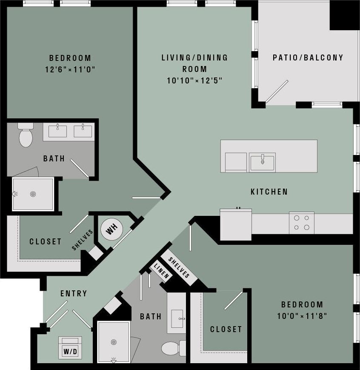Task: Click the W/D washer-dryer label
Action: click(x=70, y=351)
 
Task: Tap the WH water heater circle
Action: click(x=111, y=230)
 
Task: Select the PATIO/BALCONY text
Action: click(x=308, y=57)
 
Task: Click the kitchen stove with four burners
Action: click(x=302, y=223)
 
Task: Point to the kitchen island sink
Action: click(x=262, y=162)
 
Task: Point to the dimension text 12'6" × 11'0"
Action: click(x=70, y=69)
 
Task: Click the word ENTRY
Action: click(x=74, y=293)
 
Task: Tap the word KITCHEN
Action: click(x=269, y=192)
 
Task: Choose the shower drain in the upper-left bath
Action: click(x=33, y=194)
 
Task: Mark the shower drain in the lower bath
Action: click(x=113, y=342)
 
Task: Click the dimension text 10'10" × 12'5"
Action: click(x=194, y=80)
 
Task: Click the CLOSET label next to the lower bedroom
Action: click(x=226, y=329)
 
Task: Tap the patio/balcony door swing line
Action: click(x=277, y=92)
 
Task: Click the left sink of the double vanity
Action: click(x=57, y=131)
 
